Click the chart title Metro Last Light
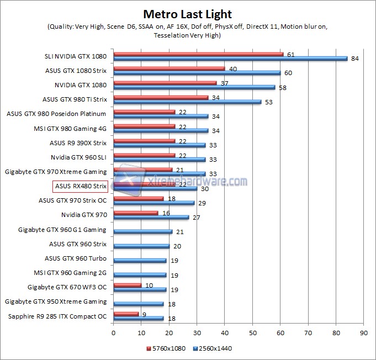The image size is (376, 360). pos(188,14)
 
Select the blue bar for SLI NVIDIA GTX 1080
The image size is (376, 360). pos(230,59)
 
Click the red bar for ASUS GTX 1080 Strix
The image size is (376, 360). pos(169,68)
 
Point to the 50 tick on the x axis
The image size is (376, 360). pos(252,333)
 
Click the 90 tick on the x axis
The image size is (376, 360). pos(363,333)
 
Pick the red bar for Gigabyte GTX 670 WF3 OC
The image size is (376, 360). pos(127,285)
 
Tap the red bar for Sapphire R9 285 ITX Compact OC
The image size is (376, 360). pos(126,314)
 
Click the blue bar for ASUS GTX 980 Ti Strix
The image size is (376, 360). pos(187,102)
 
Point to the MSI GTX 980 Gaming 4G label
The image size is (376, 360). pos(70,129)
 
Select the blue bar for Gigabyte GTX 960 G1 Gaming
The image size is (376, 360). pos(142,232)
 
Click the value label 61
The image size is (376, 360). pos(290,54)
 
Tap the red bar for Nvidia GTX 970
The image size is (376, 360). pos(135,213)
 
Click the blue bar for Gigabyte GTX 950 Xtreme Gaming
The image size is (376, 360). pos(139,304)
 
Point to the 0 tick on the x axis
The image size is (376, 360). pos(113,333)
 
